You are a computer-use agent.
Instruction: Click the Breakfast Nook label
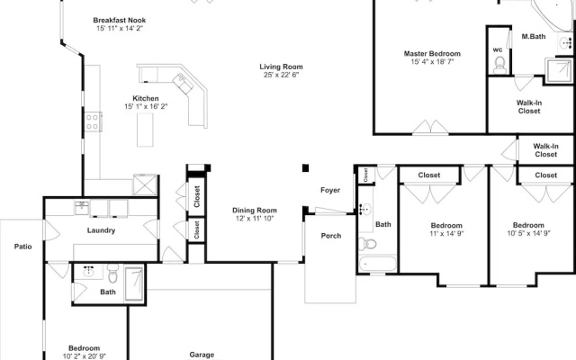point(120,20)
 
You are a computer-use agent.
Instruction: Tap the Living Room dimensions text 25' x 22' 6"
point(281,75)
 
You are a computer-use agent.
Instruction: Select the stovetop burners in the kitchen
point(93,122)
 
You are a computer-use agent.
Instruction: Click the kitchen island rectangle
point(145,130)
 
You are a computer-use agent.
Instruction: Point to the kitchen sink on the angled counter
point(183,83)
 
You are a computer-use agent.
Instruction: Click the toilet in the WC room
point(499,65)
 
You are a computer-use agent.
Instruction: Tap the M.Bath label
point(534,36)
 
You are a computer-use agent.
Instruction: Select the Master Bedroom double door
point(430,127)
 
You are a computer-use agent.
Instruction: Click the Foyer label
point(330,190)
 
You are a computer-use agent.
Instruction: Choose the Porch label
point(331,236)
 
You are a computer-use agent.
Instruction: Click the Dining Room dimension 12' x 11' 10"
point(255,219)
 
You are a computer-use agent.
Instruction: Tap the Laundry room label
point(101,230)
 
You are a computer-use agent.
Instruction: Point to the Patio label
point(22,247)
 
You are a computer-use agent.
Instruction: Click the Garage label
point(202,355)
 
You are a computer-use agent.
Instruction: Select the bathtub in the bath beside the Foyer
point(378,264)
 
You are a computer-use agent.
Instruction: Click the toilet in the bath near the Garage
point(113,274)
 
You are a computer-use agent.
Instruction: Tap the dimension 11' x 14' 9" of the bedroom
point(446,234)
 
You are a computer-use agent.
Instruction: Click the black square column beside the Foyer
point(306,168)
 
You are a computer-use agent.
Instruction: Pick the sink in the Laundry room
point(82,208)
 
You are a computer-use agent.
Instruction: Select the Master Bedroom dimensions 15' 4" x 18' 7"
point(432,62)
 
